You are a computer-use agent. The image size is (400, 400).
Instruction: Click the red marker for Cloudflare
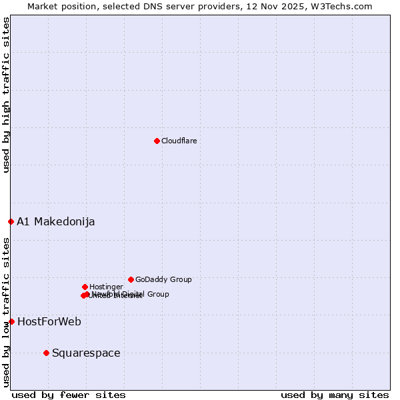tap(157, 141)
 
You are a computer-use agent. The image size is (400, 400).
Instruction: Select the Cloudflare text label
tap(179, 141)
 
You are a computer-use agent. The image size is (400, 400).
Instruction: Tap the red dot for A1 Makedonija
tap(11, 221)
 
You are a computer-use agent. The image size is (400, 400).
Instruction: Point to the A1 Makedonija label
tap(55, 222)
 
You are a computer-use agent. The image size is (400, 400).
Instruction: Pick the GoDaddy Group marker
tap(131, 279)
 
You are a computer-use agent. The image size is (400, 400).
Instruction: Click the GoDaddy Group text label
tap(163, 279)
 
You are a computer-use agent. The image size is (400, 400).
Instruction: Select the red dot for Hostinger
tap(85, 287)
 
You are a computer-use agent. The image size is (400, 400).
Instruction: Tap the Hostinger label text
tap(106, 287)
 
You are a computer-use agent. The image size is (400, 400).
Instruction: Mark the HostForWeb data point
tap(11, 321)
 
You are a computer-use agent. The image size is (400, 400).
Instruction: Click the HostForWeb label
tap(49, 322)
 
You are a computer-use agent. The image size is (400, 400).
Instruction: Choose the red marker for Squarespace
tap(46, 353)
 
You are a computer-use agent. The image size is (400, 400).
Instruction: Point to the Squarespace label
tap(86, 353)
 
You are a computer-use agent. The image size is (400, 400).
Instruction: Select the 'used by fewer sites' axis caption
tap(69, 395)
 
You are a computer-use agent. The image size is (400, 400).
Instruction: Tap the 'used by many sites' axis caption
tap(335, 395)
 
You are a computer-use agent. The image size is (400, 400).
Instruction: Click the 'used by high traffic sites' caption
tap(6, 95)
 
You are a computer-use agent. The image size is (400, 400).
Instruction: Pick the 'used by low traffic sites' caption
tap(6, 312)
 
